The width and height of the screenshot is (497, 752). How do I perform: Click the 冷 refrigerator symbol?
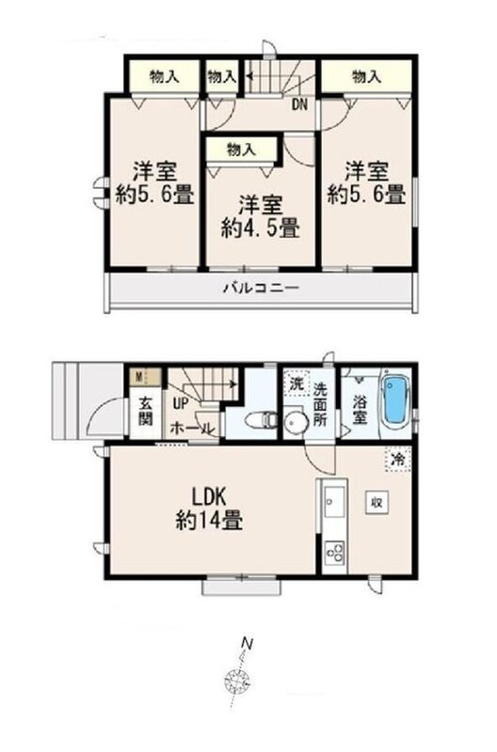pos(397,460)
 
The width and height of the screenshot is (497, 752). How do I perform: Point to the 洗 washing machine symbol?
pos(297,384)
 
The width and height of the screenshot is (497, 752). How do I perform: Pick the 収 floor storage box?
pos(377,502)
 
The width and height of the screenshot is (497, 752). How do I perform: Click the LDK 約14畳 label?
pos(209,508)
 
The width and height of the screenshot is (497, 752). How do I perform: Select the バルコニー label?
pos(262,288)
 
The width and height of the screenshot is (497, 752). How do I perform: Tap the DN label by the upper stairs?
pos(300,104)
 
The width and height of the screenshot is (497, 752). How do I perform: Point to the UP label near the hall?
pos(181,404)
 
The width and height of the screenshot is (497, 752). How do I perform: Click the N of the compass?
pos(247,643)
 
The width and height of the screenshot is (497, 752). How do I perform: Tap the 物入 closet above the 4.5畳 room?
pos(242,149)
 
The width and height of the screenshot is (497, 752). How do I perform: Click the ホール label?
pos(192,428)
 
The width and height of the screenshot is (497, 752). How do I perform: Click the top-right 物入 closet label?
pos(366,76)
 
